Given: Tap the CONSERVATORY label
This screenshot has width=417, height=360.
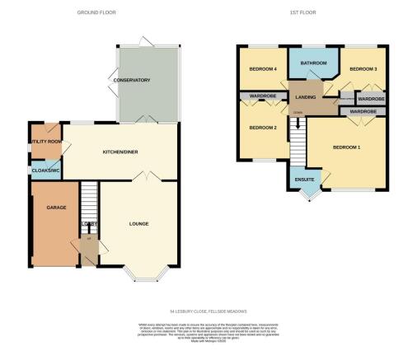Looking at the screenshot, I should (x=133, y=80).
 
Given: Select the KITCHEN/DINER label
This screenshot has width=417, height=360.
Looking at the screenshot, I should (x=119, y=152).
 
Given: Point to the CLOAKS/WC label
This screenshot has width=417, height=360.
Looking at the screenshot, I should (x=44, y=171).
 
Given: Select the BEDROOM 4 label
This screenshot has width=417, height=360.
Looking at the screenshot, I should (x=259, y=69).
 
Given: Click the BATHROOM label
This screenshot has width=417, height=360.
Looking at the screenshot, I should (x=313, y=63).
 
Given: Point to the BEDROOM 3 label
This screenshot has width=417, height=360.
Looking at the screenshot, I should (x=363, y=69).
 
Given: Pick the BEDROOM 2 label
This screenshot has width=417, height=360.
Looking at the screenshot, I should (x=262, y=128).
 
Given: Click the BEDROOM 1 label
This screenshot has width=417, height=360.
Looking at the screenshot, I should (x=347, y=146).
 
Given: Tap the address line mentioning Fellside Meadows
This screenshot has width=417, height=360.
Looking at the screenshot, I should (x=208, y=310).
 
